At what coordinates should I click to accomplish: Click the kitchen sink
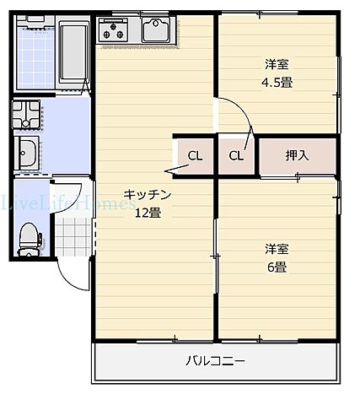[157, 31]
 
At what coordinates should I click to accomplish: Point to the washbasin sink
[27, 154]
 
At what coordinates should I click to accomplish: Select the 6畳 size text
[277, 267]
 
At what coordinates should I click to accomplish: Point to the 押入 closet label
[297, 155]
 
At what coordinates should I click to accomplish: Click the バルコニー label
[216, 362]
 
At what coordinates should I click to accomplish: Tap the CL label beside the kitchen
[195, 155]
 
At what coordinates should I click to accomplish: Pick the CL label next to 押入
[237, 155]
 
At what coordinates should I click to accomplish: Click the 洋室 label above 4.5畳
[276, 63]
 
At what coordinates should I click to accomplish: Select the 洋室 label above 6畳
[277, 249]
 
